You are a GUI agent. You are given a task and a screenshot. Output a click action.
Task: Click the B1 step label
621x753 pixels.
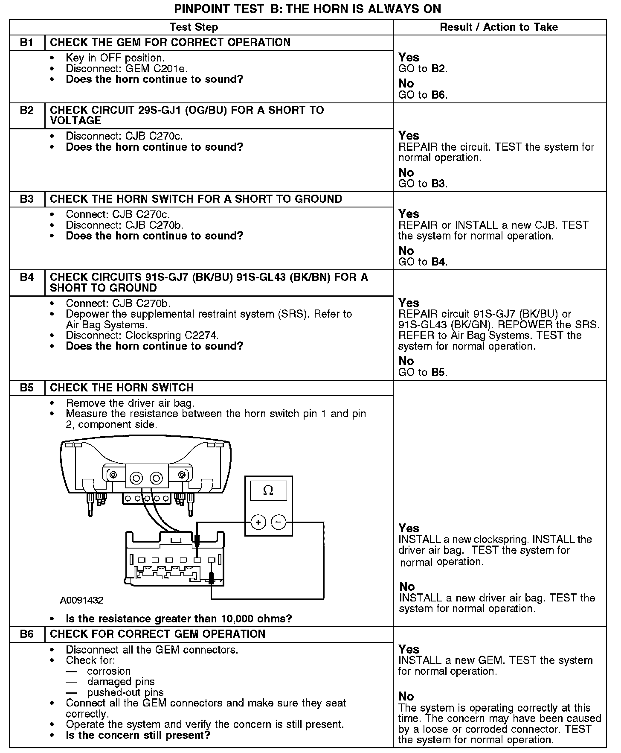click(26, 42)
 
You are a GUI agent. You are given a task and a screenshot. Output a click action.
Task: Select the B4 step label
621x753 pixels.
click(26, 277)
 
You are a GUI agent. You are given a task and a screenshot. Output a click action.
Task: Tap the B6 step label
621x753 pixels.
click(26, 634)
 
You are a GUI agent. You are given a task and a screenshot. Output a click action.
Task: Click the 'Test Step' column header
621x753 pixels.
click(194, 27)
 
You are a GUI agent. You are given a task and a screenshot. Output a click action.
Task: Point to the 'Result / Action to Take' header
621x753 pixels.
click(499, 27)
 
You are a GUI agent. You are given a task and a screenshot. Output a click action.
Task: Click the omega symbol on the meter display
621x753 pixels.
click(268, 490)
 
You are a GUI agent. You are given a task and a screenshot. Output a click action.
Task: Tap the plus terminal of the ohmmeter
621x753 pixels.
click(258, 522)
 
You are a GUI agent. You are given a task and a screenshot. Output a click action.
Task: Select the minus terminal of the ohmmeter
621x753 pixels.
click(279, 522)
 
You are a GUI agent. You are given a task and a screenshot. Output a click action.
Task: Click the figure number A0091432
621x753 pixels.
click(81, 600)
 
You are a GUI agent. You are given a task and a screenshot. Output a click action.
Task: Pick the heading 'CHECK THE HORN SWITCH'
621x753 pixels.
click(122, 388)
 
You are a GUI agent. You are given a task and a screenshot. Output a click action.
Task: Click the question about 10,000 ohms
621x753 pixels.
click(179, 619)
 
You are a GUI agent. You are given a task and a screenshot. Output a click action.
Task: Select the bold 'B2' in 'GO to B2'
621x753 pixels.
click(438, 69)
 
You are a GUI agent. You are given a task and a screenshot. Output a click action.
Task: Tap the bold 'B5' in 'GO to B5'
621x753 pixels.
click(438, 372)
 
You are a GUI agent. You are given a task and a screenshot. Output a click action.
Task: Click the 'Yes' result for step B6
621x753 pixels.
click(409, 649)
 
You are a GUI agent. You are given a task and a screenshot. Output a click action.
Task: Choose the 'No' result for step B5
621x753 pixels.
click(407, 587)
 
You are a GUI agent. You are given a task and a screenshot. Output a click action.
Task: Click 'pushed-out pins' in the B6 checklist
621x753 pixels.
click(125, 692)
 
